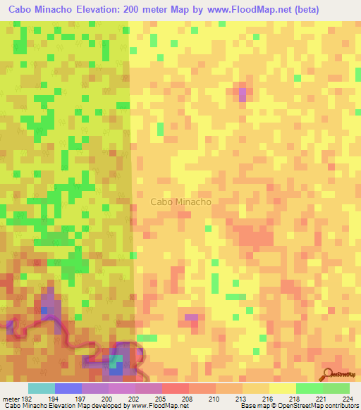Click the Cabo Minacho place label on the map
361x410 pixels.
pos(181,201)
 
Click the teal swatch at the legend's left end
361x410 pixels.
pos(41,388)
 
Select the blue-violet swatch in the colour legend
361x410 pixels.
pos(68,388)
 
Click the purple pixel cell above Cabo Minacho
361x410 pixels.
pos(243,93)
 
